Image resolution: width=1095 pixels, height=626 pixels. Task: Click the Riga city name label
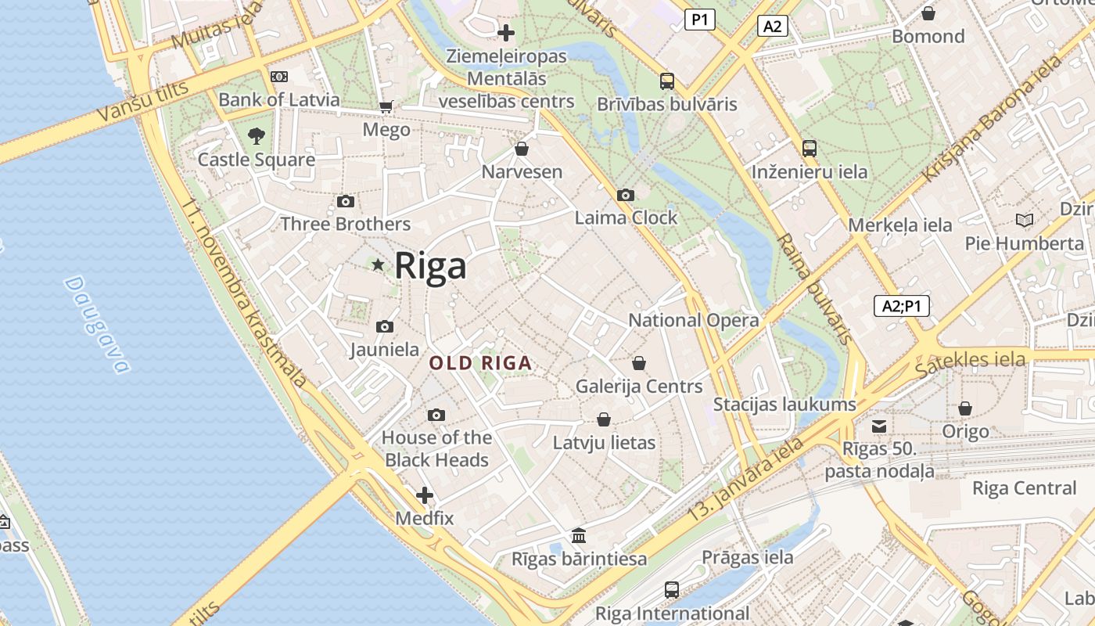(x=430, y=266)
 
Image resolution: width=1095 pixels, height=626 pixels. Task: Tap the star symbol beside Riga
(x=379, y=265)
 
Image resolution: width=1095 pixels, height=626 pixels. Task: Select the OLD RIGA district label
(x=481, y=363)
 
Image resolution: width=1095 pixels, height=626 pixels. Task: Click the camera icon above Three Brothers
(x=345, y=201)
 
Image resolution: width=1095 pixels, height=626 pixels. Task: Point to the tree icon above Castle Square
(x=256, y=136)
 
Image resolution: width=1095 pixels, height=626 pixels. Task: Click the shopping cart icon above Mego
(x=386, y=106)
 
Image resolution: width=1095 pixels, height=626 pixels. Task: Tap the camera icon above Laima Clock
(x=626, y=195)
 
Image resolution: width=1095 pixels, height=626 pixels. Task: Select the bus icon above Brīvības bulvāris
(x=667, y=81)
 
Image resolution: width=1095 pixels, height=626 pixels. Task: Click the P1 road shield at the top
(x=699, y=20)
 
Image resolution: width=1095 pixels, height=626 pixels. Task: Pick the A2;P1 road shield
(x=901, y=306)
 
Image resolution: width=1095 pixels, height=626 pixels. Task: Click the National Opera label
(x=694, y=320)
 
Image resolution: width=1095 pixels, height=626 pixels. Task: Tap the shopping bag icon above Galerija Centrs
(x=639, y=363)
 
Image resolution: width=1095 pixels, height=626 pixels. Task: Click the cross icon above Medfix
(x=425, y=495)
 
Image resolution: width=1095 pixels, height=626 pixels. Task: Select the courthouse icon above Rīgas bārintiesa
(x=579, y=536)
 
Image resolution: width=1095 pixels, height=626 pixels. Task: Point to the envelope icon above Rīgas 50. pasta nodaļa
(x=879, y=426)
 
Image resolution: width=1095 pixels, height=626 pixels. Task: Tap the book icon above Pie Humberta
(x=1024, y=220)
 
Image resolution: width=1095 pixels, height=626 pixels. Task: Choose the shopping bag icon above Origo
(x=965, y=408)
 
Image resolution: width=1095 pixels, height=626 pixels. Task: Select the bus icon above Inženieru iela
(x=810, y=148)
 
